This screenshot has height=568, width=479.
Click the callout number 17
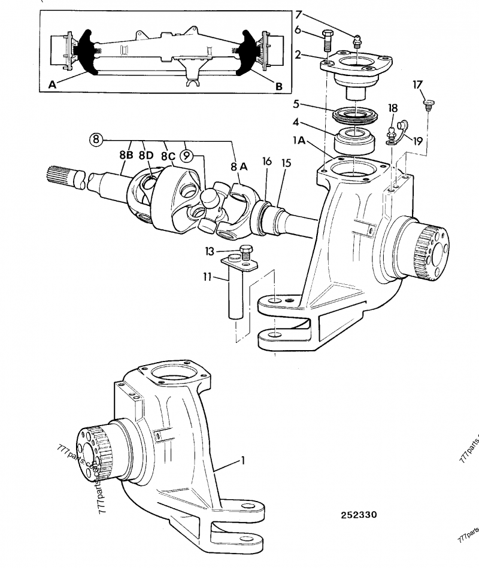417,85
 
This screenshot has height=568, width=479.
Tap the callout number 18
393,108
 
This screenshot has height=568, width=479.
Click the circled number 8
96,140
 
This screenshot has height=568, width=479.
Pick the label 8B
126,154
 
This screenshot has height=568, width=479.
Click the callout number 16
266,161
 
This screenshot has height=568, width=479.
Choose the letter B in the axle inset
278,86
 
